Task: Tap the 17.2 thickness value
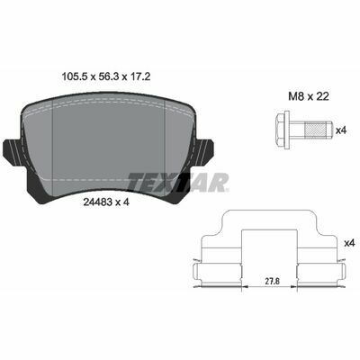click(139, 77)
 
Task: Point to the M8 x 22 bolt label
click(309, 96)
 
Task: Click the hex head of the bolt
click(280, 130)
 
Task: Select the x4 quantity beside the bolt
click(341, 130)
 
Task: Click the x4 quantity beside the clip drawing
click(349, 243)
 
